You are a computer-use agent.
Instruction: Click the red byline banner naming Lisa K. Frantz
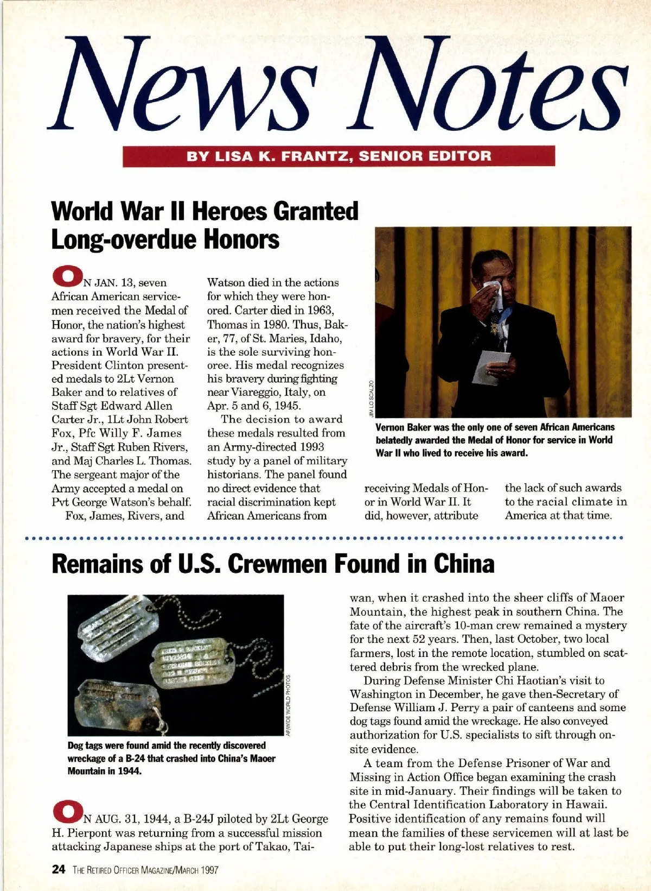(x=339, y=156)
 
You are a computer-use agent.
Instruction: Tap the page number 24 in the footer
(x=59, y=870)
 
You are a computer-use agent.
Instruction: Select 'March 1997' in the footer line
(x=196, y=870)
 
